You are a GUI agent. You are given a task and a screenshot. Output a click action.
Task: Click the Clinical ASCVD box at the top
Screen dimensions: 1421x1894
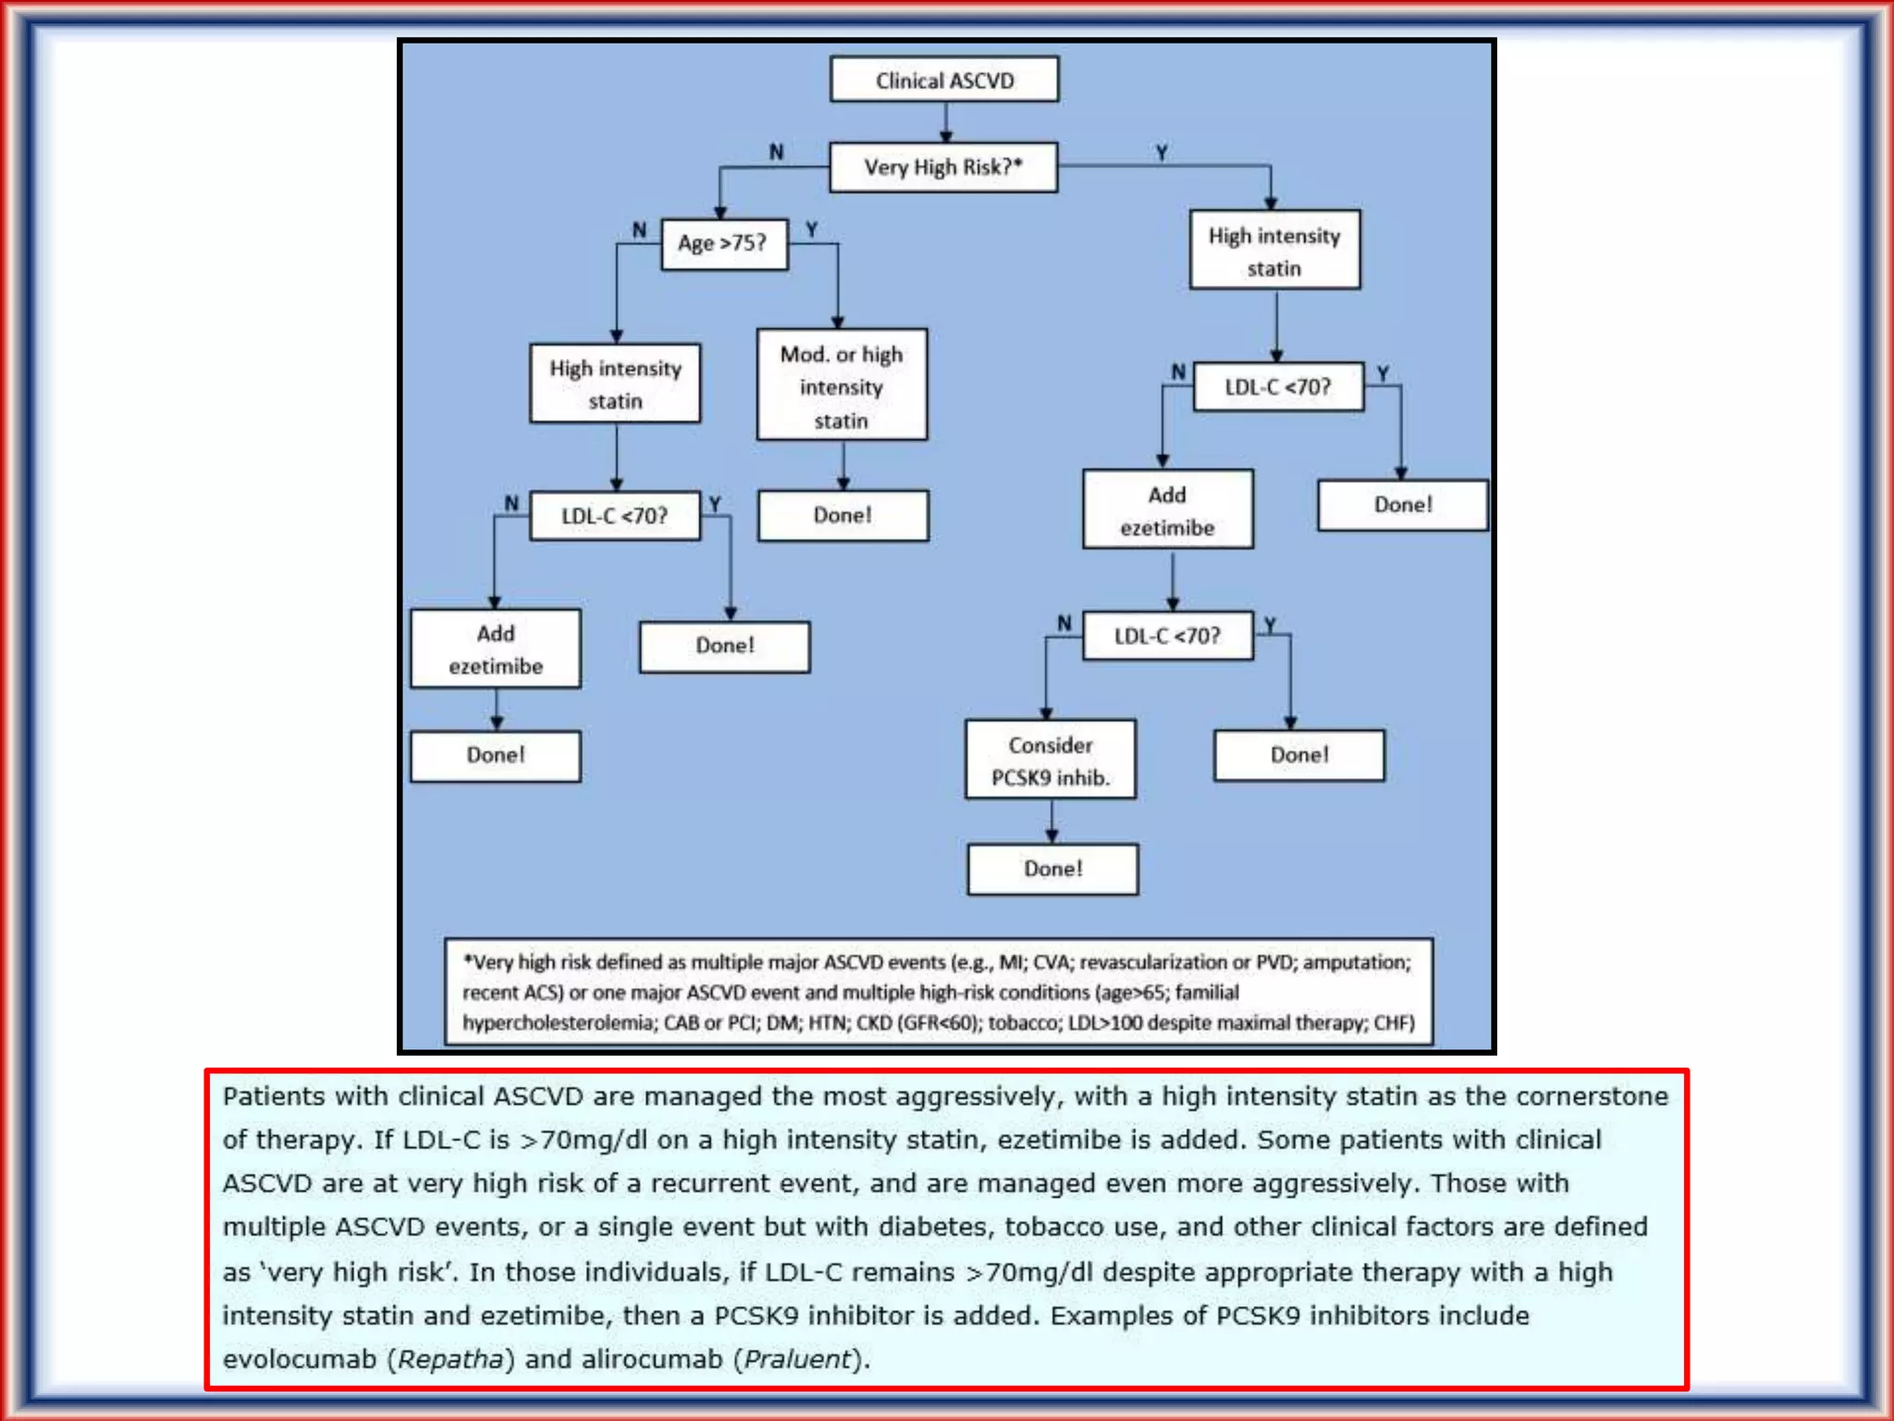[944, 80]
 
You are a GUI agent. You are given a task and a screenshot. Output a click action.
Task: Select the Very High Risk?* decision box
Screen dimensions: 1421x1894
[943, 167]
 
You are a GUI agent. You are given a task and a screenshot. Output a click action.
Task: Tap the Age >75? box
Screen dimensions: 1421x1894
[724, 243]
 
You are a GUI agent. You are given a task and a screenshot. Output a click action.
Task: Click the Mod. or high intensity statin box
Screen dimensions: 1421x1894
[842, 386]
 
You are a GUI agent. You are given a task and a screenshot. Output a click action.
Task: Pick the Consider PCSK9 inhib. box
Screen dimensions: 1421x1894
[1051, 760]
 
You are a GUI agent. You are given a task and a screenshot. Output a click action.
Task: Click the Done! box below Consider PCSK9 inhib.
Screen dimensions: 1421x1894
[1052, 869]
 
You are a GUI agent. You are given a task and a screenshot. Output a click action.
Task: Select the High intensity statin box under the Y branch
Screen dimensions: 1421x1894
[1274, 251]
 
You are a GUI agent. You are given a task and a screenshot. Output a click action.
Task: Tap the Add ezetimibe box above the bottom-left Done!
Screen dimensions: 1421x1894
[496, 649]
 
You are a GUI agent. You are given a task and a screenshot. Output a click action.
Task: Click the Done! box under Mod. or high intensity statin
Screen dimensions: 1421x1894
[842, 515]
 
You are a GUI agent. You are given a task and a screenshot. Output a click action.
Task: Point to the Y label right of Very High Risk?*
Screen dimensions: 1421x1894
[1162, 152]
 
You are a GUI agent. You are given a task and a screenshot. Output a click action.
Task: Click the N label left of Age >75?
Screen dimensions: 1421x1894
[639, 229]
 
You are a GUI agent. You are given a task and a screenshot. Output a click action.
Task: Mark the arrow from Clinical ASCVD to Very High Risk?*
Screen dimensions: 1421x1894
[945, 123]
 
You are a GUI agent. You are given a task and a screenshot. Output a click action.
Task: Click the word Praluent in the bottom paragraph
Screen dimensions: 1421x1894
[797, 1359]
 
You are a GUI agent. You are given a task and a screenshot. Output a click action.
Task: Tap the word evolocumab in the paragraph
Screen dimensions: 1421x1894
[300, 1359]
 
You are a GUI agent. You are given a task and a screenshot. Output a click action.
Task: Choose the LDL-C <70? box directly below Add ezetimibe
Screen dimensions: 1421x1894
[1167, 636]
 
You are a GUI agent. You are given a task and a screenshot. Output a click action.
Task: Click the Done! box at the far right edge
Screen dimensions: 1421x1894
[1402, 505]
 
